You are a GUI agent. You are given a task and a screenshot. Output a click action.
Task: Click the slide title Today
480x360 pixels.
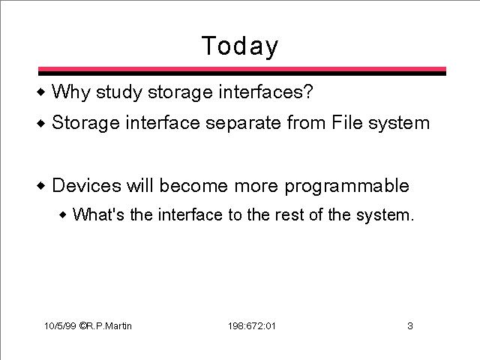click(240, 46)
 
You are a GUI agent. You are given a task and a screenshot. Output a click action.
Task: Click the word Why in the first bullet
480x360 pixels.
click(71, 91)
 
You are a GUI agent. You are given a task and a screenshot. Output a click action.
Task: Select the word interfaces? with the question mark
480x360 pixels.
click(265, 91)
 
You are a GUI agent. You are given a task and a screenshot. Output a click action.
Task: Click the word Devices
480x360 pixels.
click(87, 185)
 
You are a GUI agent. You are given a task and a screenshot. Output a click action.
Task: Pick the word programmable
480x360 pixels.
click(347, 186)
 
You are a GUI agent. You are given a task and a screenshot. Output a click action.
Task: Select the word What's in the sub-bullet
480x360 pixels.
click(98, 214)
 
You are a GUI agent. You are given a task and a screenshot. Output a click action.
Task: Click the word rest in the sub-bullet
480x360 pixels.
click(289, 214)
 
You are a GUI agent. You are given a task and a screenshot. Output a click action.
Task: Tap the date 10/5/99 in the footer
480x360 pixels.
click(60, 325)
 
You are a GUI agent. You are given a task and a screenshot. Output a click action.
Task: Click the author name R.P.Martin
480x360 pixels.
click(109, 325)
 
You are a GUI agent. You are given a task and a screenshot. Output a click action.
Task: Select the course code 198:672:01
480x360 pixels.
click(252, 325)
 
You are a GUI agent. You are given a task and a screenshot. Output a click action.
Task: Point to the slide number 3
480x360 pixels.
click(410, 325)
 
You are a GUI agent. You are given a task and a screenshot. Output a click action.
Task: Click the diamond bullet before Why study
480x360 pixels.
click(41, 91)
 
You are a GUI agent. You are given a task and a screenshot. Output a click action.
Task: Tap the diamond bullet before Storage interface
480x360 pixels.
click(41, 123)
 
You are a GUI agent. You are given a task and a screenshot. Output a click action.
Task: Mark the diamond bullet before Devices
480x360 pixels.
click(41, 185)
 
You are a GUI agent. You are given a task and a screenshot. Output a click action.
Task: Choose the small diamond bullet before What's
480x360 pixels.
click(63, 214)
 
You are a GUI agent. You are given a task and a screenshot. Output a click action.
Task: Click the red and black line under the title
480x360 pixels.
click(242, 71)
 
